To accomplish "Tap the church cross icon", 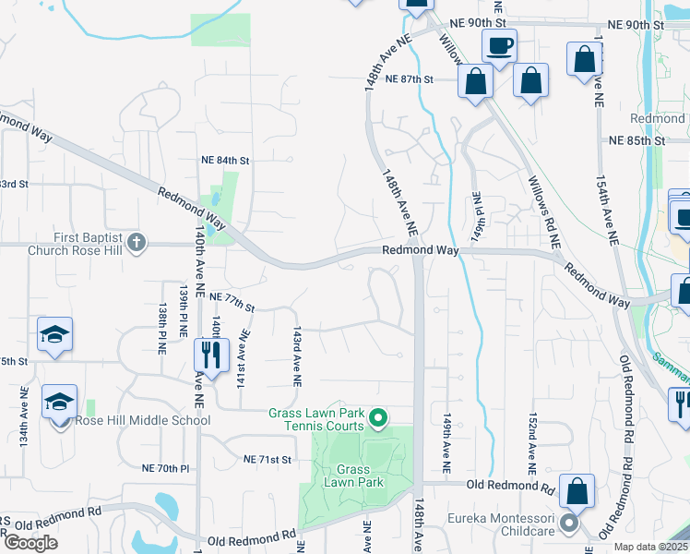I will (137, 243).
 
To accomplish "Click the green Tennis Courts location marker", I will (378, 420).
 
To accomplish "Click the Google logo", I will (30, 543).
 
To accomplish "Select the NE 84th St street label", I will (225, 160).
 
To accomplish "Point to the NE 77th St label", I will (232, 296).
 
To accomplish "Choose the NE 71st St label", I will (268, 459).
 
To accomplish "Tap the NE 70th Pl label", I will (166, 469).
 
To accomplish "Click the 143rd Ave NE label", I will (297, 355).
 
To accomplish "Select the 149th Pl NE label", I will (478, 213).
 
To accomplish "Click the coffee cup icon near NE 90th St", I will (499, 45).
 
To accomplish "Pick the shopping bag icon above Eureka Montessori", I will (577, 490).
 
